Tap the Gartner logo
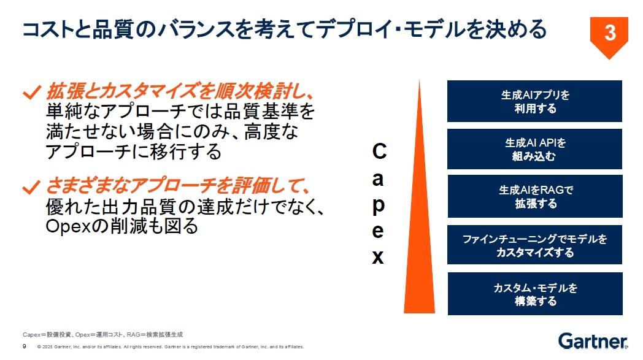[593, 341]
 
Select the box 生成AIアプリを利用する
[534, 101]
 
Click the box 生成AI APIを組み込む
[534, 149]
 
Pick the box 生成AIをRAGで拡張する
[535, 196]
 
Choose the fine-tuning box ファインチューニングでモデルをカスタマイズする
[534, 245]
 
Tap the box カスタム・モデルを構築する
[535, 294]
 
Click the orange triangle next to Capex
[419, 229]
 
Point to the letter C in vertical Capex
[379, 151]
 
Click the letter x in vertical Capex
[378, 257]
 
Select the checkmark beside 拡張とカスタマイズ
[31, 92]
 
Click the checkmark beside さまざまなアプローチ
[31, 187]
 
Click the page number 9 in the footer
[25, 347]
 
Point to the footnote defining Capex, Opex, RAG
[102, 335]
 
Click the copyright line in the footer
[171, 347]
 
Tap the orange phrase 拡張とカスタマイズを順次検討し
[180, 91]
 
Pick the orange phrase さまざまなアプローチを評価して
[177, 186]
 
